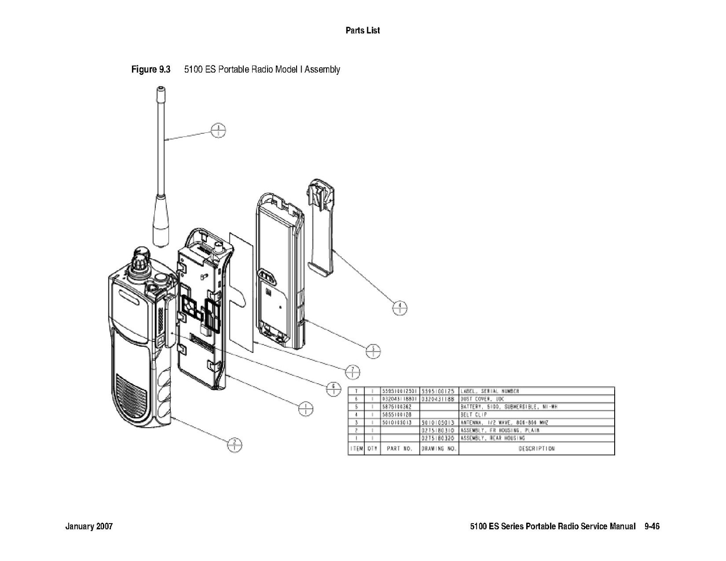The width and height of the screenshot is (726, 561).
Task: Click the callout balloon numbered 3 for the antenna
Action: point(218,130)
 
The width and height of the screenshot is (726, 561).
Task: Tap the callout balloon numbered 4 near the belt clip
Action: point(399,308)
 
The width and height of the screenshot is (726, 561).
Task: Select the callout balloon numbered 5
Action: point(373,350)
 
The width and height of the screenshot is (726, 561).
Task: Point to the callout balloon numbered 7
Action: point(353,372)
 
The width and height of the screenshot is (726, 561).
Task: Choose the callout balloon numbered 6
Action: point(333,389)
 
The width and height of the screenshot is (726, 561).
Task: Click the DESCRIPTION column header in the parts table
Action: point(536,449)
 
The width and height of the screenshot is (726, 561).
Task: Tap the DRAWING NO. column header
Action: point(439,449)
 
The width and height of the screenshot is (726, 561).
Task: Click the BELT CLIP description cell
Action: point(474,415)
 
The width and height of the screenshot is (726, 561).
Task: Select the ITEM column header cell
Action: point(356,449)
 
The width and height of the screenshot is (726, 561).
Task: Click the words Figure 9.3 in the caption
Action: point(151,70)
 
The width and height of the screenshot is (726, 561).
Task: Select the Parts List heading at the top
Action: point(363,30)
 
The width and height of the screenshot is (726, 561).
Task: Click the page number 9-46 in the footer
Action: point(652,526)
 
